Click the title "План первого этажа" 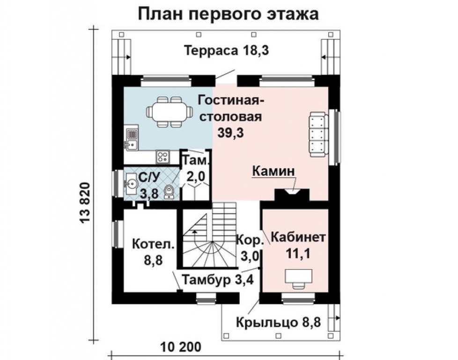pyautogui.click(x=228, y=14)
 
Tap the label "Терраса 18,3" pyautogui.click(x=226, y=51)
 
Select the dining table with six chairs pyautogui.click(x=169, y=112)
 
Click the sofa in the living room pyautogui.click(x=318, y=135)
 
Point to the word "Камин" pyautogui.click(x=274, y=172)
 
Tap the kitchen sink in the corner pyautogui.click(x=132, y=139)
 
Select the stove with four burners pyautogui.click(x=163, y=156)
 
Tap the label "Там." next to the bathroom pyautogui.click(x=196, y=160)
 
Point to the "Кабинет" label pyautogui.click(x=298, y=237)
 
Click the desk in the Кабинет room pyautogui.click(x=297, y=277)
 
